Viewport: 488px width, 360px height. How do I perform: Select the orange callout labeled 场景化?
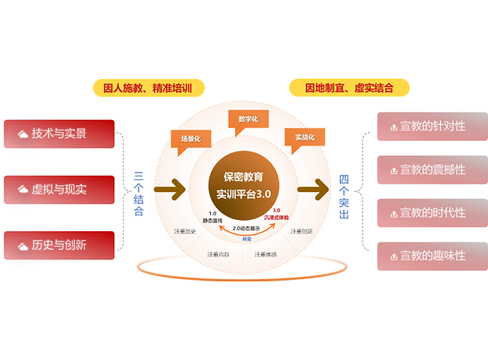pyautogui.click(x=191, y=138)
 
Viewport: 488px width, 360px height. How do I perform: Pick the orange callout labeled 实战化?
pyautogui.click(x=303, y=137)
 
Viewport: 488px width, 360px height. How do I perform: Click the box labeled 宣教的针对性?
pyautogui.click(x=426, y=126)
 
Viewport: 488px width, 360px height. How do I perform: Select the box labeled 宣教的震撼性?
pyautogui.click(x=426, y=169)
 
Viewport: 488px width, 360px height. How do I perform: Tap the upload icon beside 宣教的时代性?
pyautogui.click(x=393, y=213)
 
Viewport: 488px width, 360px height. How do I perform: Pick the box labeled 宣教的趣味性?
pyautogui.click(x=426, y=256)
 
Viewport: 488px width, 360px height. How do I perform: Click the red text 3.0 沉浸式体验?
pyautogui.click(x=276, y=214)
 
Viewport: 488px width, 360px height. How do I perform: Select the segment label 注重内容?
pyautogui.click(x=218, y=254)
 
